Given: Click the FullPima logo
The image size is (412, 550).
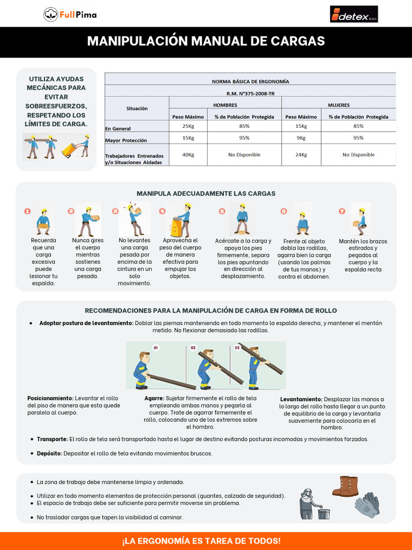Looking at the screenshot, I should point(70,15).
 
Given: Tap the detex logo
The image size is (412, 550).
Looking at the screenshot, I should point(354,15).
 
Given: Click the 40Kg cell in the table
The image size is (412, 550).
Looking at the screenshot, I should point(188,155).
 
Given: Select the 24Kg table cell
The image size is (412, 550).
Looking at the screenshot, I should point(301,155).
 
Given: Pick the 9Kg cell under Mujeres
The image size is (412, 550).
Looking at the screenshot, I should point(301,137).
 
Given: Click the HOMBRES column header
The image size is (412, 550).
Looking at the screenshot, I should point(225,105).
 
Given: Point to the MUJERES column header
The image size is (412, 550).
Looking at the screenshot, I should point(339,105).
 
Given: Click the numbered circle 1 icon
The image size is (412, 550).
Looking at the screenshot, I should point(27,212).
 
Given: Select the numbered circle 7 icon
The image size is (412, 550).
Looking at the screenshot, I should point(342,212).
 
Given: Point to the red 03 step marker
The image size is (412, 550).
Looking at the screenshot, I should point(238,348).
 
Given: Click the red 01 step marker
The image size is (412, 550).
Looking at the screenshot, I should point(156,348).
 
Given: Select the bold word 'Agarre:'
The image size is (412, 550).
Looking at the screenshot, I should point(154,398).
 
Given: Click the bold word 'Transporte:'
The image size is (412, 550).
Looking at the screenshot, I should point(53,439).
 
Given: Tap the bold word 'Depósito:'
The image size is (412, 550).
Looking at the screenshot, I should point(49,453).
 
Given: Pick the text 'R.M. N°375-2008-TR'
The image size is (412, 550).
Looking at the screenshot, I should point(250,93).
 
